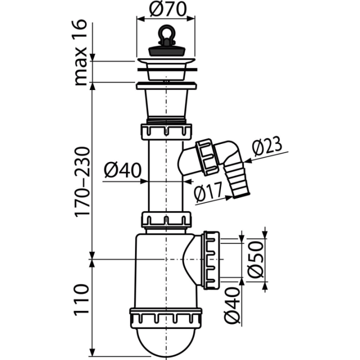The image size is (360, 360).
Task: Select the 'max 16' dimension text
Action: (81, 52)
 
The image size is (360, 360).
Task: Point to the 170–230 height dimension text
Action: (81, 181)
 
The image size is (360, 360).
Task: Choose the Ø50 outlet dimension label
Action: (255, 259)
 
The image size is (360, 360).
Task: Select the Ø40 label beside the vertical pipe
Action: (122, 170)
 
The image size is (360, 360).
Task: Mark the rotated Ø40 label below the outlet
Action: (232, 305)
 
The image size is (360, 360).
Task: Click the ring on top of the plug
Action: (165, 34)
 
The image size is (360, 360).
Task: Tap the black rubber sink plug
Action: (165, 51)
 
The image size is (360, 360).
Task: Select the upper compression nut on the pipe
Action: (166, 131)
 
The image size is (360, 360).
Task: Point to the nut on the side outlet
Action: (211, 259)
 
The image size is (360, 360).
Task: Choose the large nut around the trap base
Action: (166, 316)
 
